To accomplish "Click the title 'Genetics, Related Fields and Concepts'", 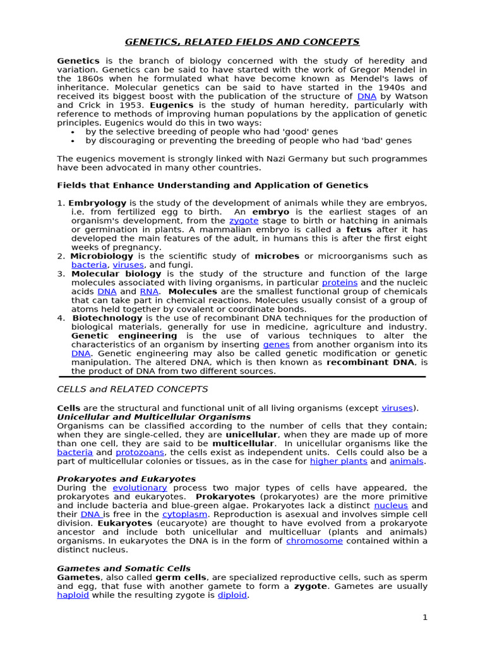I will (242, 42).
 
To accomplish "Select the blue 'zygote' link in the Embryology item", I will (242, 221).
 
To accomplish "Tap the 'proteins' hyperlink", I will (340, 282).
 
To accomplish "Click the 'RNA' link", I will (149, 292).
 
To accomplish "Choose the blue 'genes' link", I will (276, 344).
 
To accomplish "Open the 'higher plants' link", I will (338, 461).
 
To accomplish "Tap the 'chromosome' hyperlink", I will (314, 541).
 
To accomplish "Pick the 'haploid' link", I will (73, 595).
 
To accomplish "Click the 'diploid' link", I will (232, 595).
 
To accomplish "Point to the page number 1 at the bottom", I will (425, 617).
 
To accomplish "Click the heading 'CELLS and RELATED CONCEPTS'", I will (132, 389).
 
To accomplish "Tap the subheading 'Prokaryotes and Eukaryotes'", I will (126, 479).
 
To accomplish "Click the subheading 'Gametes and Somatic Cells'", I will (124, 569).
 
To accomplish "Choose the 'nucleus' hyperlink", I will (391, 505).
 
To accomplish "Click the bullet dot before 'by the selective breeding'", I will (74, 132).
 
